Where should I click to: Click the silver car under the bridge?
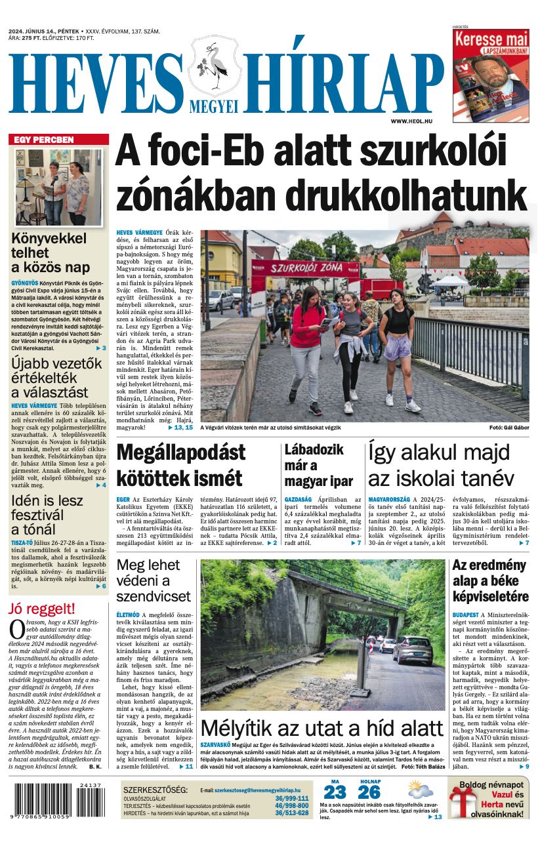tap(413, 649)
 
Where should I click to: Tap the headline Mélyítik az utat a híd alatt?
tap(322, 728)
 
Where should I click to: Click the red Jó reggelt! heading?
tap(42, 608)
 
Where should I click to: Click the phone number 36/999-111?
tap(291, 798)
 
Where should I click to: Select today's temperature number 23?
tap(335, 792)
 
